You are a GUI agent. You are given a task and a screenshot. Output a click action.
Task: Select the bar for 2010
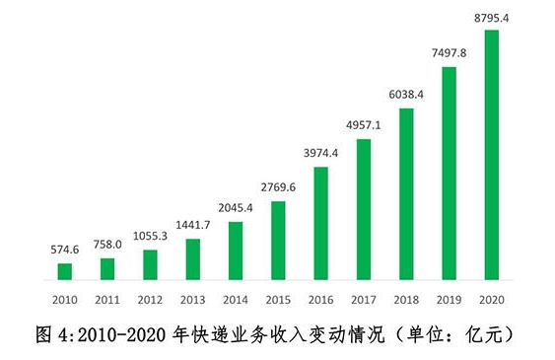[65, 272]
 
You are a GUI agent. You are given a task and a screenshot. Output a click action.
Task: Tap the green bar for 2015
[278, 241]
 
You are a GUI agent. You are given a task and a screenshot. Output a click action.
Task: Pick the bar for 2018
[406, 194]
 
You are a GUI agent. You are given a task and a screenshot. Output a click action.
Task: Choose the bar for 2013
[193, 259]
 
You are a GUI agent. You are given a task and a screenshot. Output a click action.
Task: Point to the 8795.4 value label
[491, 17]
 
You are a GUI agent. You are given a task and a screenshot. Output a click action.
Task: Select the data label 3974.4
[320, 152]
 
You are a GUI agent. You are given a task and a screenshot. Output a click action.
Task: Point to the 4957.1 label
[363, 126]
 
